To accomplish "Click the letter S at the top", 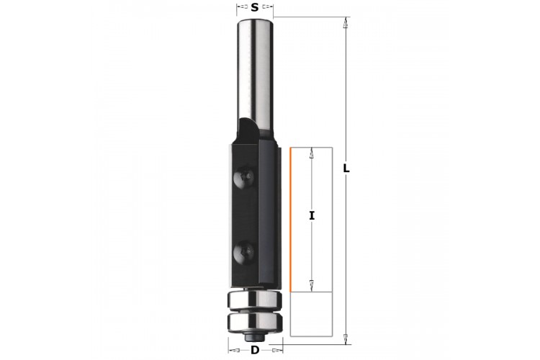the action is tap(254, 7).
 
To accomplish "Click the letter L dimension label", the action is tap(346, 168).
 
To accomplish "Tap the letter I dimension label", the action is tap(312, 216).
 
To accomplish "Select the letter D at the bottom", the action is tap(255, 351).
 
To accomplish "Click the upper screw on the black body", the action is tap(244, 178).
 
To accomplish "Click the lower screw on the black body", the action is tap(244, 251).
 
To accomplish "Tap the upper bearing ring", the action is tap(254, 299).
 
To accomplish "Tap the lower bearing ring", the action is tap(254, 320).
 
